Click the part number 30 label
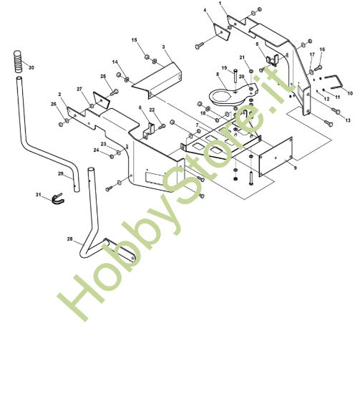[31, 67]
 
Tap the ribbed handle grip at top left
[18, 62]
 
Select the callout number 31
[38, 195]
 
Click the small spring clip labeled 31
[58, 198]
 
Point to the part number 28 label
[70, 239]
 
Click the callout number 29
[61, 173]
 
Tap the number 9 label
[296, 168]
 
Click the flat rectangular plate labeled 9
[276, 157]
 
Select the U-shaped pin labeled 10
[334, 82]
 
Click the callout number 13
[348, 120]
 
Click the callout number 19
[224, 68]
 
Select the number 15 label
[135, 40]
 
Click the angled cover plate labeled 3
[157, 79]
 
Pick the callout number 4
[205, 10]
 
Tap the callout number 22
[152, 110]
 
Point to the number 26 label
[54, 104]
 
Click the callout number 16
[322, 49]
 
